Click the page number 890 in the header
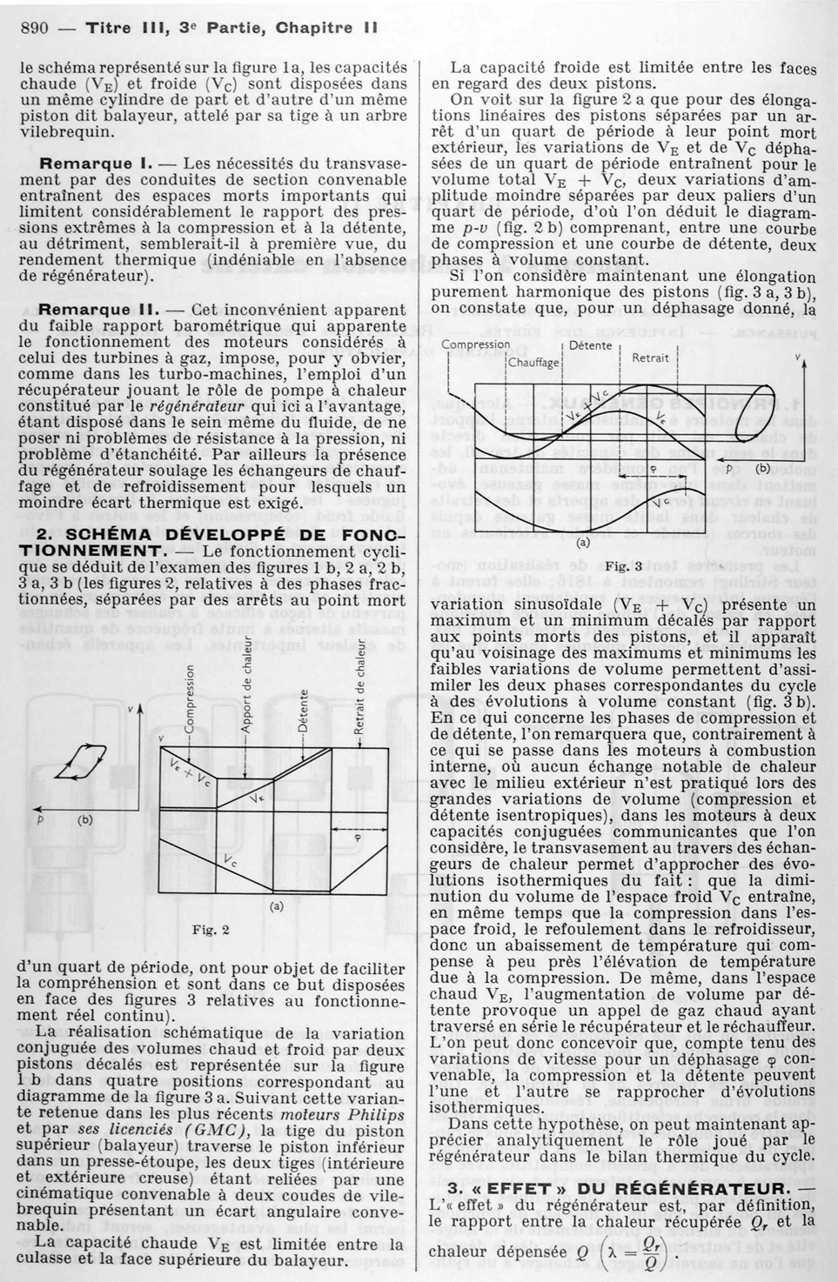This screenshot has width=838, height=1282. [x=34, y=27]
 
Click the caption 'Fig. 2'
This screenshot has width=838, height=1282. [x=210, y=930]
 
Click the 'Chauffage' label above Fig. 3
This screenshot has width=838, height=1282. [x=533, y=362]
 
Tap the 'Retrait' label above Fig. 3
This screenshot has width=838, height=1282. [x=650, y=357]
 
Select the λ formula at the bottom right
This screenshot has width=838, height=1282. [x=631, y=1253]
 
